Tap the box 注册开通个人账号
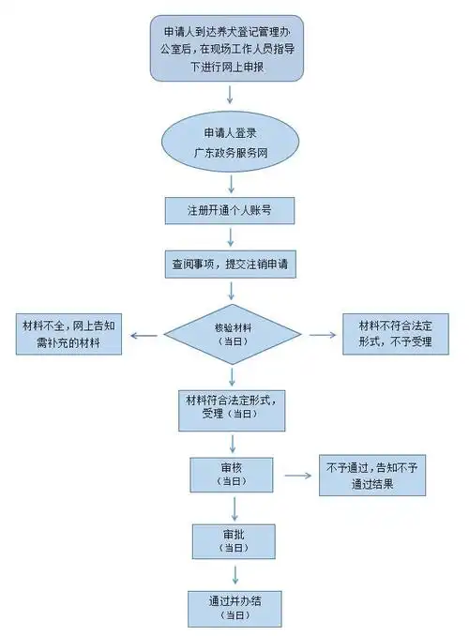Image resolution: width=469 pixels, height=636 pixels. point(231,209)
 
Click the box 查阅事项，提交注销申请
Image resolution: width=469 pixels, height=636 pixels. point(231,264)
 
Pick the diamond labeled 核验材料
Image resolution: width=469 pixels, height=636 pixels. point(231,333)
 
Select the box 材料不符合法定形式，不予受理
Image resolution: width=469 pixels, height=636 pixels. point(396,333)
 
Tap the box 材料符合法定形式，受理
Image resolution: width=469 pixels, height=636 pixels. point(231,405)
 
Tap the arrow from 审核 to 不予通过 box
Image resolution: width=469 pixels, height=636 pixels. point(297,476)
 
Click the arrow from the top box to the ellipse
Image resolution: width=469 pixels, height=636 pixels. point(231,98)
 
